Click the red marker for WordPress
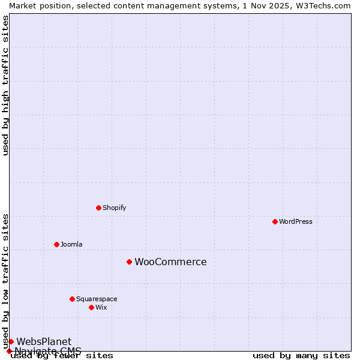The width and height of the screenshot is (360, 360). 275,221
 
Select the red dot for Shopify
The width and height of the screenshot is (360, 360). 98,208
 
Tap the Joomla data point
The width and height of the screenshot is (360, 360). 56,244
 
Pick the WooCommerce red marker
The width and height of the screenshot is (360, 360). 129,262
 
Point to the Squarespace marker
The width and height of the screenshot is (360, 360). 72,299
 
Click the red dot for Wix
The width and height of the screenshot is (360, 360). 91,307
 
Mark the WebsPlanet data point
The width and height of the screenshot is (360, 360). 11,341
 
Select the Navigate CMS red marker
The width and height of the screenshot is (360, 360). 9,351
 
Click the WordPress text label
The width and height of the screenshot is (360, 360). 296,221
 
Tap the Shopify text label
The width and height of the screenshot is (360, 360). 115,208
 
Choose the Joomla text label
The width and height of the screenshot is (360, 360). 71,244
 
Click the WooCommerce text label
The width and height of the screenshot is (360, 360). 170,262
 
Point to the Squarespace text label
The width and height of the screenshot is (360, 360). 97,299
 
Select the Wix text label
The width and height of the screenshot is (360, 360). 101,307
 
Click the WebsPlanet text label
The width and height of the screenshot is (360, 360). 44,341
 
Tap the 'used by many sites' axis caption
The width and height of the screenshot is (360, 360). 301,355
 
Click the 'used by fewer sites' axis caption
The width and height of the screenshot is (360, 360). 62,355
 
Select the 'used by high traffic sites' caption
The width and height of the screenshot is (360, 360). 5,85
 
